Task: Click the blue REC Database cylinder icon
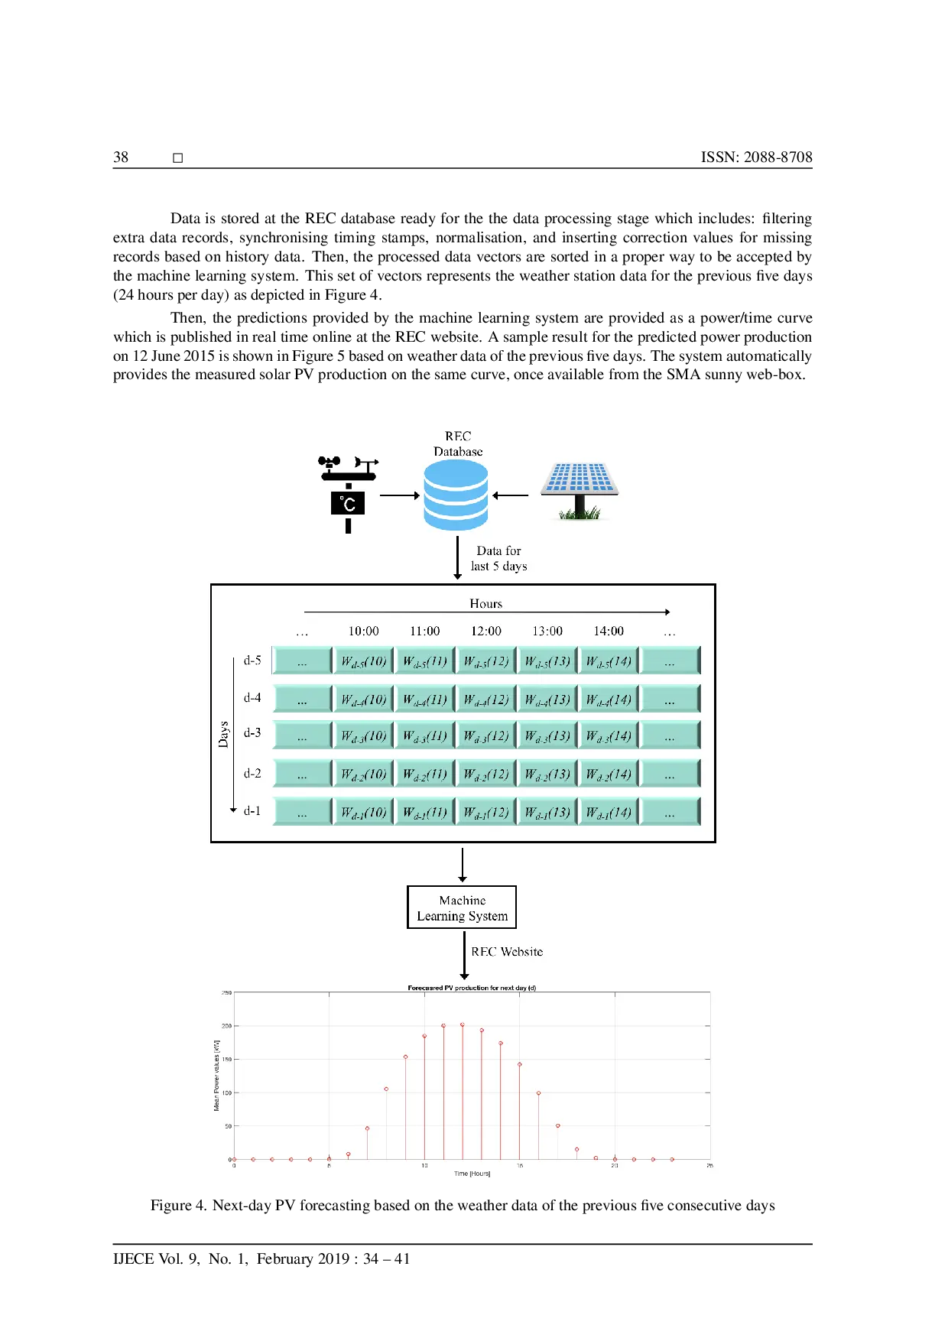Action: tap(456, 495)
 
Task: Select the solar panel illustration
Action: tap(580, 489)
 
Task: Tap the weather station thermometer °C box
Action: tap(348, 503)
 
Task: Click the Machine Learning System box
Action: tap(462, 908)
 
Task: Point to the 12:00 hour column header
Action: tap(486, 631)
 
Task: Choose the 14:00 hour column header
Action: tap(609, 631)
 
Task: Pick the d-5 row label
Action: tap(252, 660)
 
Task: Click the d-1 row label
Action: tap(252, 810)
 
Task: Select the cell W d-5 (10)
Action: tap(364, 661)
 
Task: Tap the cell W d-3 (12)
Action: tap(486, 735)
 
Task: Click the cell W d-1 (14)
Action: tap(609, 812)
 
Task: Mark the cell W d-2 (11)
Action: tap(425, 774)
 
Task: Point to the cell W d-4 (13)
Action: tap(547, 699)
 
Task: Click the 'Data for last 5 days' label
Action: tap(499, 558)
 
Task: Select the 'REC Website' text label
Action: tap(507, 952)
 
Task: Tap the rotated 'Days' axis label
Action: tap(223, 734)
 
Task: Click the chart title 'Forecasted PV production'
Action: tap(472, 988)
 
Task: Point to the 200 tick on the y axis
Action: tap(226, 1026)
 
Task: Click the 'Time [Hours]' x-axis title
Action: tap(472, 1174)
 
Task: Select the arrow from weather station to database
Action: tap(400, 495)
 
